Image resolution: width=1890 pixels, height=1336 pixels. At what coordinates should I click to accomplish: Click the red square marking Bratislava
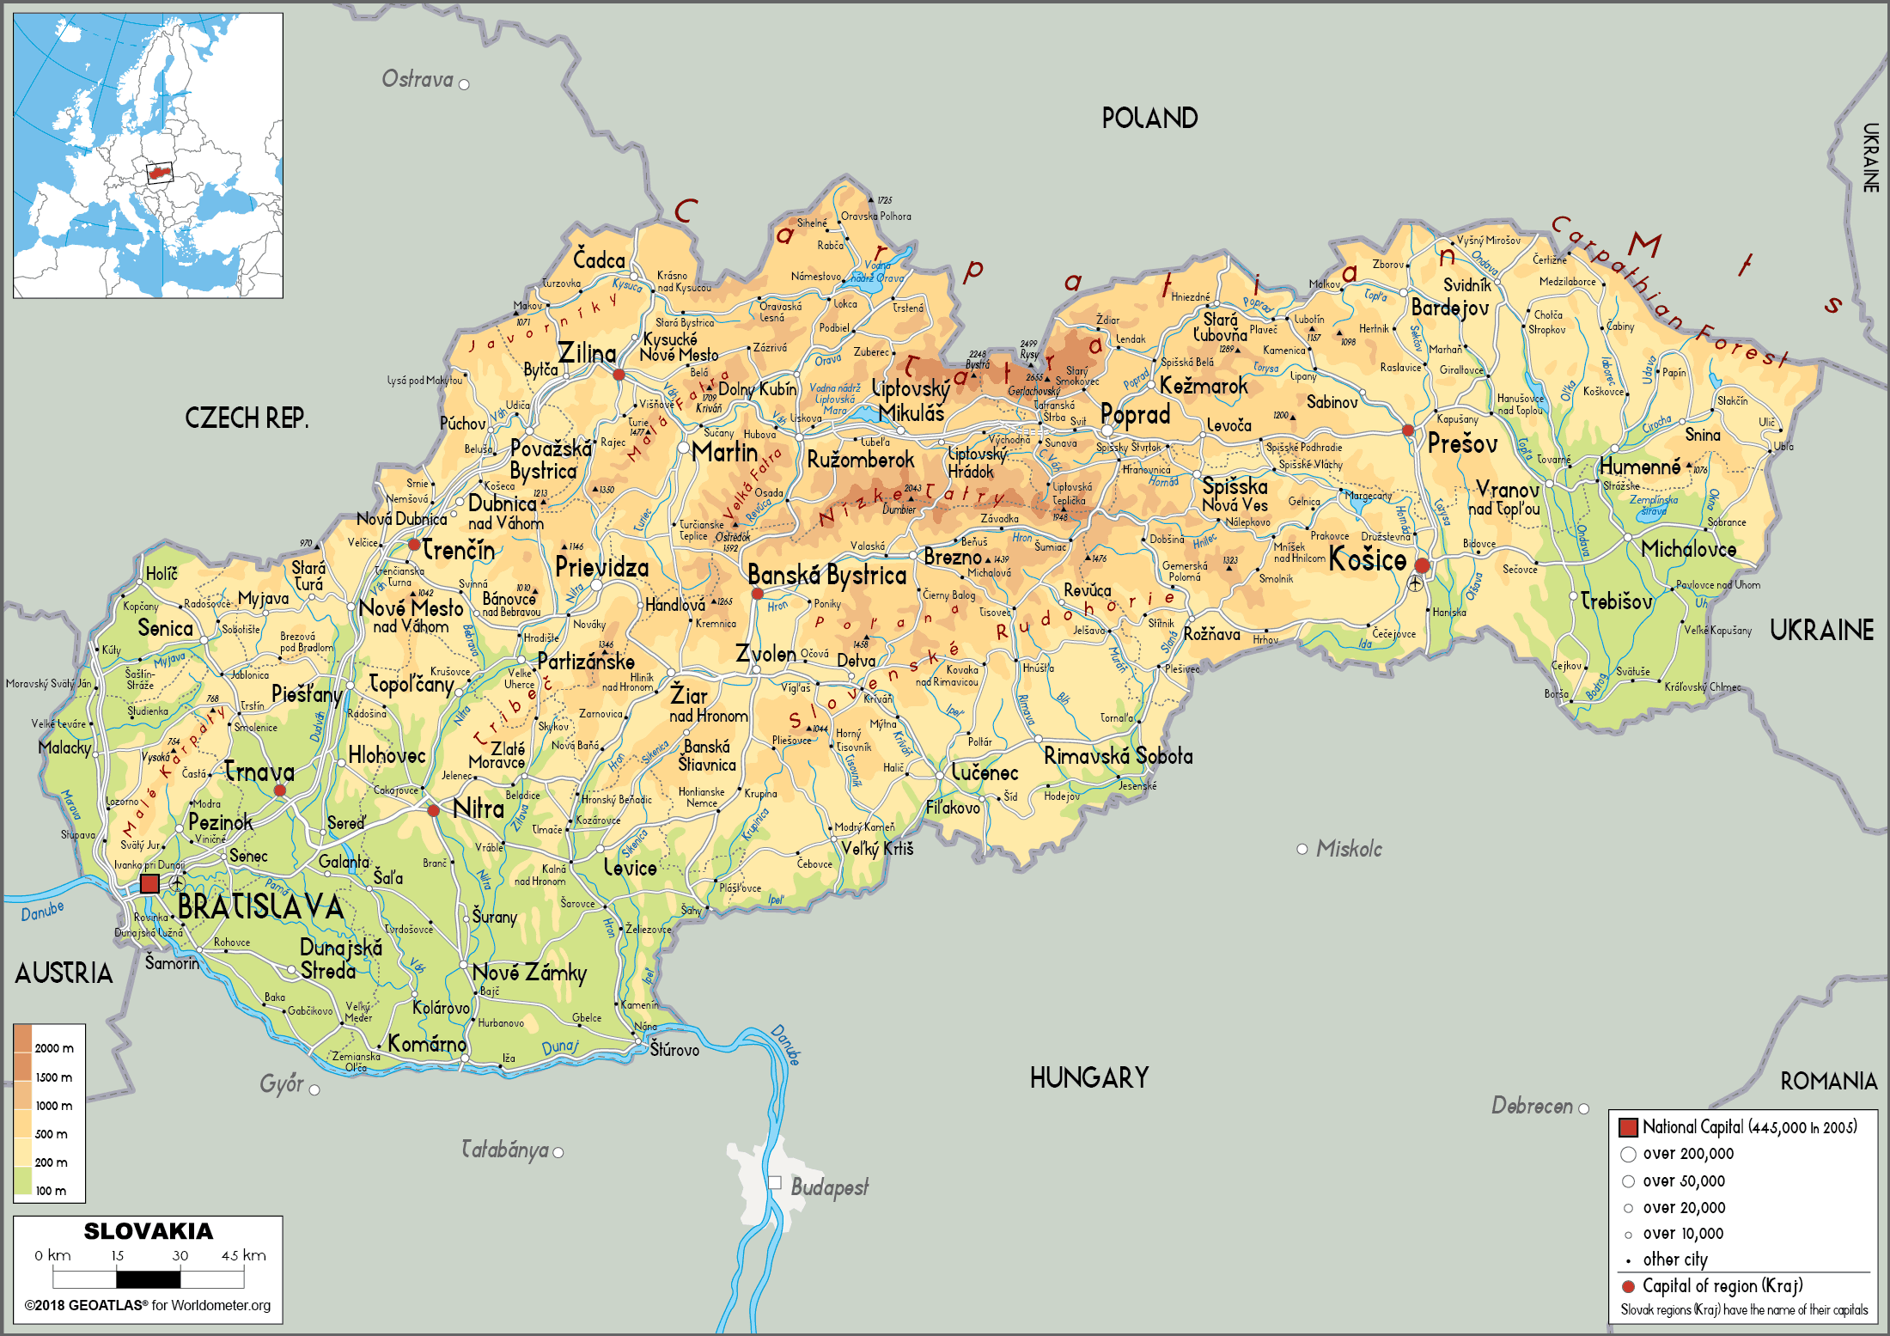tap(149, 883)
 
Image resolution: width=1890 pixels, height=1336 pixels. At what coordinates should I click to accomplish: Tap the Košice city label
tap(1367, 560)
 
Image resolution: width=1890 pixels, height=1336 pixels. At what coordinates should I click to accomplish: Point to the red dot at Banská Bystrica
tap(757, 594)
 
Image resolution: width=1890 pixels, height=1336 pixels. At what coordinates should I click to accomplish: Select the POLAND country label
tap(1149, 119)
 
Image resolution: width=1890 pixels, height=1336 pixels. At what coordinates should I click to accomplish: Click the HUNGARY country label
tap(1088, 1077)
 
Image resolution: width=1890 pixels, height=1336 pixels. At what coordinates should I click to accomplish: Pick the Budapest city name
tap(829, 1187)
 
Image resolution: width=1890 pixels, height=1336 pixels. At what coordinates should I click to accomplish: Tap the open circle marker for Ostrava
tap(464, 84)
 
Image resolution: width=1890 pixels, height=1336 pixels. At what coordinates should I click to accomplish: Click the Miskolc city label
tap(1349, 849)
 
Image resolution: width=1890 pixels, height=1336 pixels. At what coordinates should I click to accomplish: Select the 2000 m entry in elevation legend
tap(53, 1048)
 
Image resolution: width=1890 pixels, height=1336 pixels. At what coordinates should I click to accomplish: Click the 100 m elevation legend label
tap(50, 1191)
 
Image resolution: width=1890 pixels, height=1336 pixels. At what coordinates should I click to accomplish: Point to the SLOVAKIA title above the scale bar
tap(148, 1231)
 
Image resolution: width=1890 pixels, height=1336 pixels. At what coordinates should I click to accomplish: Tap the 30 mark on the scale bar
tap(180, 1255)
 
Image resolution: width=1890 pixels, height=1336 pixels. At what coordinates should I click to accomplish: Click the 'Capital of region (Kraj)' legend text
tap(1722, 1286)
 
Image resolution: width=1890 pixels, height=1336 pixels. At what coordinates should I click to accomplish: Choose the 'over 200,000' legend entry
tap(1687, 1154)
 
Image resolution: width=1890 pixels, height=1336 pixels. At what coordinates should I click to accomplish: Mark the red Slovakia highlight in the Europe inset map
tap(158, 173)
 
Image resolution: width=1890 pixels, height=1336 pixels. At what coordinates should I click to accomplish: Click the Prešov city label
tap(1462, 444)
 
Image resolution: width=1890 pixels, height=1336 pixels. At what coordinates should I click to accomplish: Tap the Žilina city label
tap(587, 353)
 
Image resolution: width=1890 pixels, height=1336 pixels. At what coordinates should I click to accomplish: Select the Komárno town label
tap(427, 1044)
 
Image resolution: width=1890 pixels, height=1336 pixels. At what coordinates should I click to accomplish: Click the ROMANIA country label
tap(1828, 1081)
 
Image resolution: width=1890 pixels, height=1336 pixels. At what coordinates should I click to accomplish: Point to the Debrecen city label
tap(1532, 1106)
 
